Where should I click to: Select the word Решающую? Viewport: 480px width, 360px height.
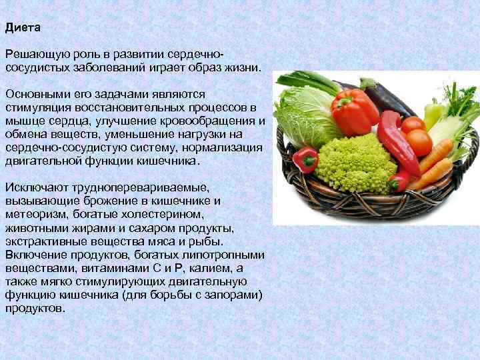click(x=33, y=53)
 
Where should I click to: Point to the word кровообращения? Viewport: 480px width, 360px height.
click(x=212, y=121)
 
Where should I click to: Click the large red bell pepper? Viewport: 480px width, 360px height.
click(x=355, y=112)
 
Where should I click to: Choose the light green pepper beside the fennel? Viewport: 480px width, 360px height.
click(x=434, y=113)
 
